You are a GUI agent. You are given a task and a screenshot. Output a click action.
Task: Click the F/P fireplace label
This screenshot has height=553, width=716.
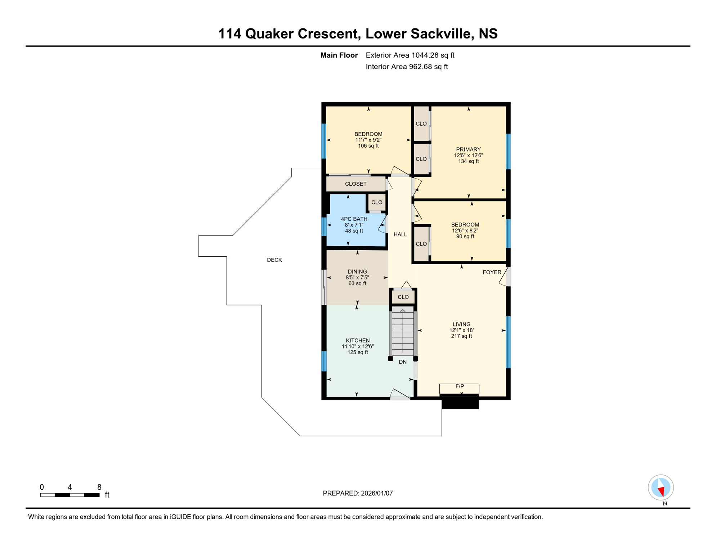(460, 386)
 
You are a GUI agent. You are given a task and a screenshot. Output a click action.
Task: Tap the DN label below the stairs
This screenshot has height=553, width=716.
(403, 362)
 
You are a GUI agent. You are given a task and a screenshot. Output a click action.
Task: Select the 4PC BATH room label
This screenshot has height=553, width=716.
(354, 219)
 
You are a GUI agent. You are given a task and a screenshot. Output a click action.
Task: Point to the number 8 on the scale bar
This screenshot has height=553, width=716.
(99, 487)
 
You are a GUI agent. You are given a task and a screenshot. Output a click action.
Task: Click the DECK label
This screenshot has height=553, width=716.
(274, 260)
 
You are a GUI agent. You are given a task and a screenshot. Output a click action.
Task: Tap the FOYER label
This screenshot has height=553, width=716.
(492, 272)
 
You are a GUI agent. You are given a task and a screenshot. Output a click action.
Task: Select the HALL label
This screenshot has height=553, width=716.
(400, 234)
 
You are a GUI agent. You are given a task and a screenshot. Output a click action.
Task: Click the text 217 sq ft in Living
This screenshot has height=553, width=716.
(461, 336)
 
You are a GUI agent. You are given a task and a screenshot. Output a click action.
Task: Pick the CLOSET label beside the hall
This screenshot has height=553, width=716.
(355, 184)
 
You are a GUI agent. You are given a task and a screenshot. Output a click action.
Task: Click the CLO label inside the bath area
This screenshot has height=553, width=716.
(377, 202)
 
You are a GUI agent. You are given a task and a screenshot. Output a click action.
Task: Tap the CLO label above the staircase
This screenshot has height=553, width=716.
(403, 297)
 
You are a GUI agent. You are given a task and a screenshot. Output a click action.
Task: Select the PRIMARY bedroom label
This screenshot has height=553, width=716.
(468, 149)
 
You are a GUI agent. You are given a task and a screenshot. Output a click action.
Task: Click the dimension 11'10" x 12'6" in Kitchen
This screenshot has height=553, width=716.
(358, 346)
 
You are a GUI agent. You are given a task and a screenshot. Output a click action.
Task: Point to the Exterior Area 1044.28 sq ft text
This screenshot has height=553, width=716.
(410, 55)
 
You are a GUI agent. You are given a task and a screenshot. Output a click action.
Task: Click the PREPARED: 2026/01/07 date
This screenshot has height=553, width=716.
(358, 493)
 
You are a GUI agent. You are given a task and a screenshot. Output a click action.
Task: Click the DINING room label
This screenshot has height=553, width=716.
(357, 272)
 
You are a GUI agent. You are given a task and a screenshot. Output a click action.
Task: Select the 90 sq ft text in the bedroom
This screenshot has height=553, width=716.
(465, 237)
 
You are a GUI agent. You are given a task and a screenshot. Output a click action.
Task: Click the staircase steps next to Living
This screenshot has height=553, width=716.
(403, 331)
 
